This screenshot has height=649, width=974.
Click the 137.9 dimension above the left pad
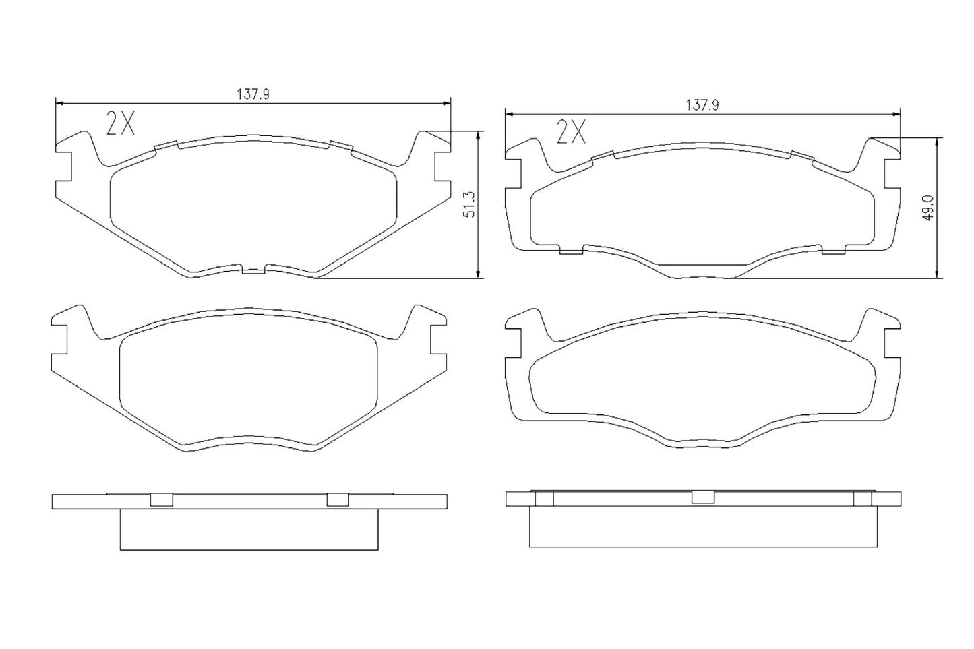[x=252, y=95]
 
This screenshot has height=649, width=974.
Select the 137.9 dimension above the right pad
[x=702, y=105]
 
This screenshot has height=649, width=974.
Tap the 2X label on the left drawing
[x=121, y=123]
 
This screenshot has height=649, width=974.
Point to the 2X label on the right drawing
[x=571, y=133]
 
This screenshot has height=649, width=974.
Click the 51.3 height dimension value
[x=470, y=204]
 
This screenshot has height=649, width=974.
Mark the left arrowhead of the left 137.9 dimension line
[x=59, y=104]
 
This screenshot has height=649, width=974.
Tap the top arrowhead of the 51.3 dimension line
[x=478, y=135]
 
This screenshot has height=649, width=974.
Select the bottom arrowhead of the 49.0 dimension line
[x=936, y=272]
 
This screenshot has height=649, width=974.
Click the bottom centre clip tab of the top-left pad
[x=253, y=271]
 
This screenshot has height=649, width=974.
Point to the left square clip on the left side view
[x=160, y=499]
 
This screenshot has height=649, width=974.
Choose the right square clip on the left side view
[x=337, y=499]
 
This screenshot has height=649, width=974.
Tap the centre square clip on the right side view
[x=702, y=497]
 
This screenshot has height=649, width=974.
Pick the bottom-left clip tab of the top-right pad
[x=572, y=251]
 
